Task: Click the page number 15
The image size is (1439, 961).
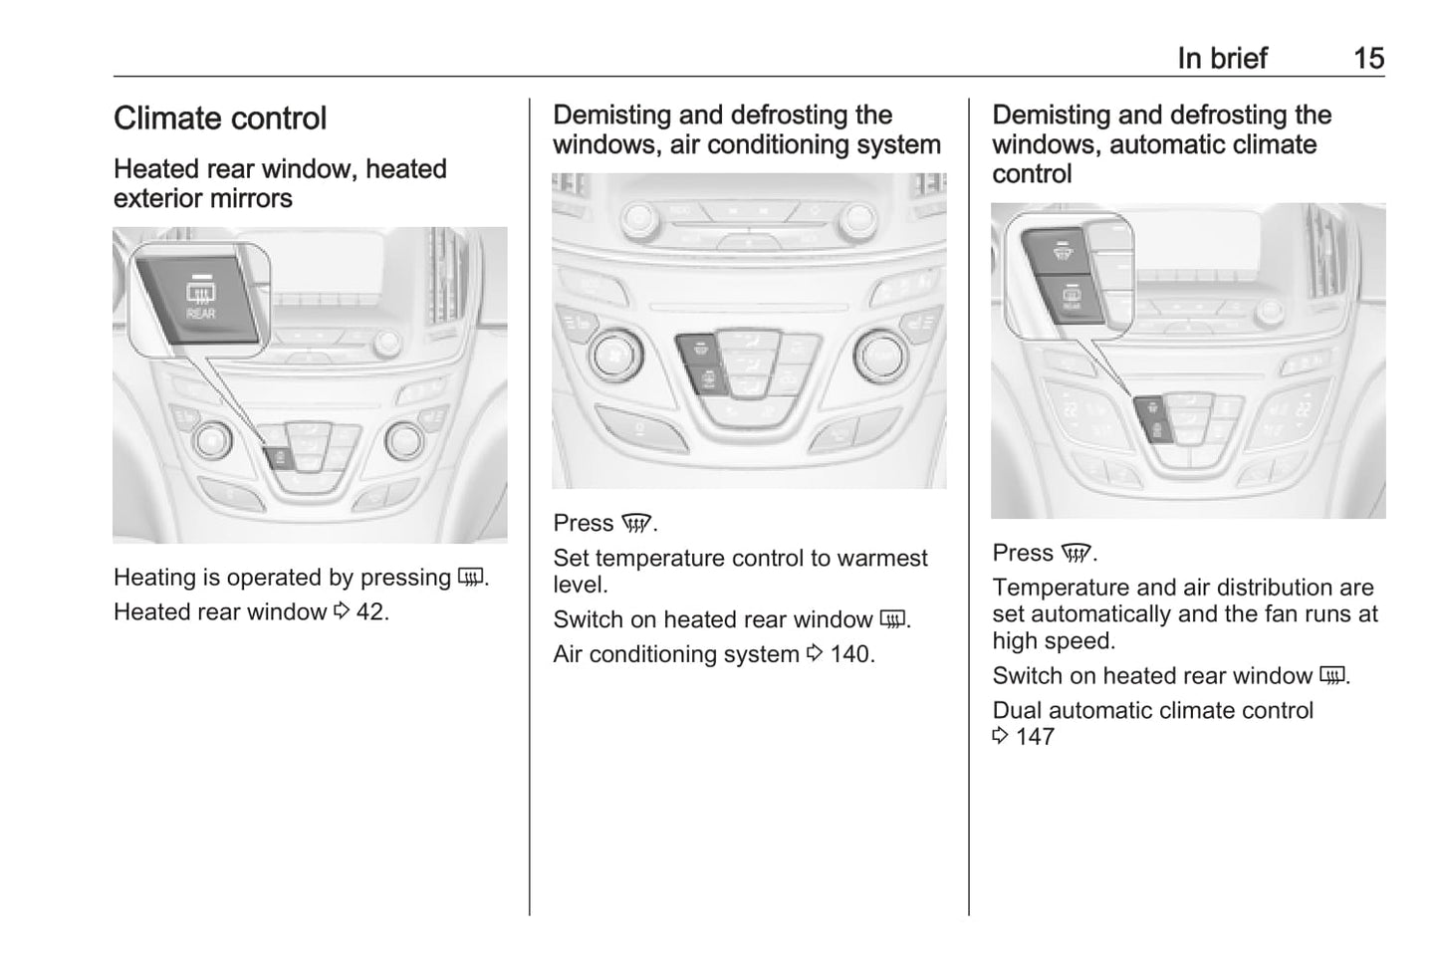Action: pyautogui.click(x=1368, y=59)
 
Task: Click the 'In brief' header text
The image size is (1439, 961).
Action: pyautogui.click(x=1222, y=59)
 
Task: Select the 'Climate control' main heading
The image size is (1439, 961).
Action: pyautogui.click(x=220, y=119)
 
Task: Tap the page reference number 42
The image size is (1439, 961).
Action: pyautogui.click(x=370, y=611)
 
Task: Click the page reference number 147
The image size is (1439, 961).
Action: pyautogui.click(x=1035, y=737)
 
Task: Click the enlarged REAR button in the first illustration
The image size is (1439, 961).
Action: pyautogui.click(x=200, y=299)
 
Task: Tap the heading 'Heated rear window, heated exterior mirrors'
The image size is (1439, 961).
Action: pyautogui.click(x=280, y=183)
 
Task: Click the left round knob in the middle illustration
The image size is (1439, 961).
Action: pyautogui.click(x=609, y=356)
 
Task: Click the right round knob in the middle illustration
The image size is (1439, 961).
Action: pyautogui.click(x=878, y=356)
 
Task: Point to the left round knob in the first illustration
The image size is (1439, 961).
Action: pyautogui.click(x=212, y=439)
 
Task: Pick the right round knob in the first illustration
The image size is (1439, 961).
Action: pyautogui.click(x=404, y=439)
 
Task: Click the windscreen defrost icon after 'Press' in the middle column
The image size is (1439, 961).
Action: pyautogui.click(x=635, y=524)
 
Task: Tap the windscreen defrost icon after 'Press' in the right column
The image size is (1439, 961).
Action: pyautogui.click(x=1076, y=554)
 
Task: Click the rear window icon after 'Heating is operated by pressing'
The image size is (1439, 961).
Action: pyautogui.click(x=470, y=578)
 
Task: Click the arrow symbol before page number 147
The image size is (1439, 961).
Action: pyautogui.click(x=1001, y=737)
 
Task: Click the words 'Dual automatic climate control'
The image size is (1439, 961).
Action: pyautogui.click(x=1152, y=710)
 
